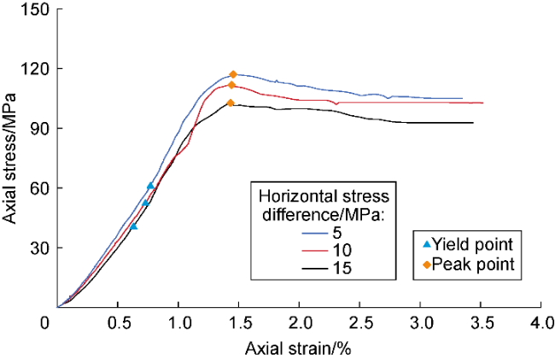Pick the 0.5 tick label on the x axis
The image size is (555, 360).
tap(118, 325)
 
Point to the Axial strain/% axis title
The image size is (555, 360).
tap(299, 349)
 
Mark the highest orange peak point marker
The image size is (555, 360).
tap(233, 75)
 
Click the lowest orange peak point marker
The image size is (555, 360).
tap(231, 103)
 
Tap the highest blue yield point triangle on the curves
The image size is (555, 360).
tap(150, 185)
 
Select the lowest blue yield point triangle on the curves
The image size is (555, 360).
tap(133, 226)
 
